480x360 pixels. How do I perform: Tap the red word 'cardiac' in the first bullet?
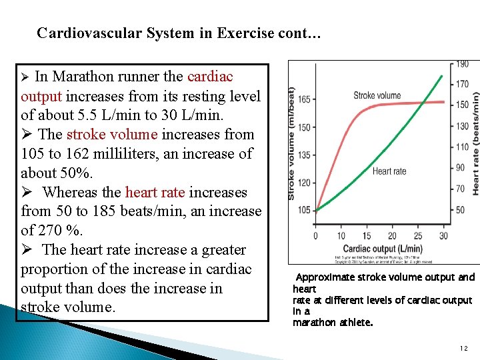[211, 77]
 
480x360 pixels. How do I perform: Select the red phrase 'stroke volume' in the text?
[112, 135]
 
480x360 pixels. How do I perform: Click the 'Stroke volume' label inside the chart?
[377, 95]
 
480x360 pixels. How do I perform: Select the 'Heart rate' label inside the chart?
[389, 171]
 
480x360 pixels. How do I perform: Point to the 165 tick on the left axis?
[303, 99]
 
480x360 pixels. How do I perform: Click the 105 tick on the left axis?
[303, 211]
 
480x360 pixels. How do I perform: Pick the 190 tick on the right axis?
[461, 64]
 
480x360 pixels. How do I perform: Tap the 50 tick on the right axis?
[460, 211]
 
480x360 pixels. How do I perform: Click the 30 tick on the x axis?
[443, 235]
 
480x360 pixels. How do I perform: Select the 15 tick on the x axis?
[367, 235]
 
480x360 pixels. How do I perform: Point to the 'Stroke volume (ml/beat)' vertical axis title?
[291, 143]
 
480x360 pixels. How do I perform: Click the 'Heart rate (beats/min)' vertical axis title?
[475, 143]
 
